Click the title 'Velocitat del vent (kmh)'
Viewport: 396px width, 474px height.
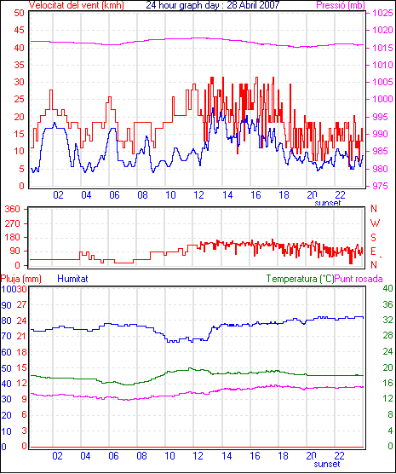[76, 5]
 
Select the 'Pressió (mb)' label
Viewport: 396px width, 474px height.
[341, 5]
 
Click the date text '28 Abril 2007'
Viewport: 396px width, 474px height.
[253, 5]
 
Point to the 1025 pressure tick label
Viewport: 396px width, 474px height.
[382, 13]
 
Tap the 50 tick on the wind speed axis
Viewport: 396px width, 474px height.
[19, 13]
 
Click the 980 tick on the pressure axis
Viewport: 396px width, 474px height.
[380, 169]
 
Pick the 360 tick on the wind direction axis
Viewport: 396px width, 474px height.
[13, 209]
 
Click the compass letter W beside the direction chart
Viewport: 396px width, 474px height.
[375, 223]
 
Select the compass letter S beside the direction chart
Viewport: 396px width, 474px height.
[374, 238]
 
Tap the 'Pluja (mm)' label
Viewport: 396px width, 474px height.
[20, 279]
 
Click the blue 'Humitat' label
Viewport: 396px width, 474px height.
[72, 279]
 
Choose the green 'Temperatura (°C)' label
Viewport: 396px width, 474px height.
[301, 279]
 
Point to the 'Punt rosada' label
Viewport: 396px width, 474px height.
[359, 279]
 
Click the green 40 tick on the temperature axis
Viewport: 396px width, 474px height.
[387, 288]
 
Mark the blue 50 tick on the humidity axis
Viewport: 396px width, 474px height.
[6, 368]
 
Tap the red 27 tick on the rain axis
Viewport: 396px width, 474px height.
[22, 304]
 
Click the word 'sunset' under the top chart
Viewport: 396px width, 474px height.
[327, 203]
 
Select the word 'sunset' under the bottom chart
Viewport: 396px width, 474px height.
[327, 464]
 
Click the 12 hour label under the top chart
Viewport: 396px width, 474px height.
[198, 195]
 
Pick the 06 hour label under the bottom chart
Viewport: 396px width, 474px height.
[113, 455]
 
